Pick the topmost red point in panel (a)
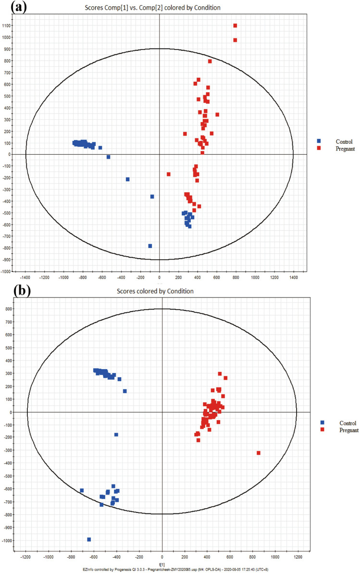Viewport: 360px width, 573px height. point(235,26)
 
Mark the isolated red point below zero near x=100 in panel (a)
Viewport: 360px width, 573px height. point(169,174)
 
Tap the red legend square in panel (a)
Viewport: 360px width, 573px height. point(319,149)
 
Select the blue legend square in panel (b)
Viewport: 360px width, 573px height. point(322,423)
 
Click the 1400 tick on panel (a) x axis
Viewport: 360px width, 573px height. point(293,277)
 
